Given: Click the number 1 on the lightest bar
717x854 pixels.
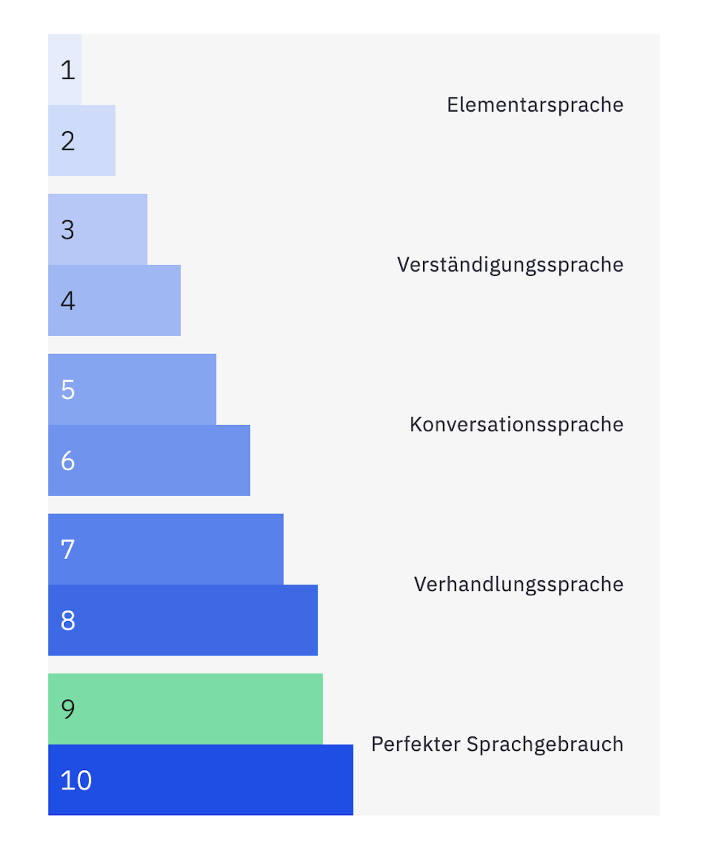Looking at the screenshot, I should (x=67, y=70).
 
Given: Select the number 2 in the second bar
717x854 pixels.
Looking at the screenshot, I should (x=68, y=141).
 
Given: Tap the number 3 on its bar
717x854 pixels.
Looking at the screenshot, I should (x=68, y=230).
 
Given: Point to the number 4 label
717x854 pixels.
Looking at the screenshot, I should (x=68, y=301).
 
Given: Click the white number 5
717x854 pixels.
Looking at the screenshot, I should (x=68, y=390).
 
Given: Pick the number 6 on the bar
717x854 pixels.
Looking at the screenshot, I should (x=68, y=461).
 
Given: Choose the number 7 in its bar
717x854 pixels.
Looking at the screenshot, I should (x=68, y=550).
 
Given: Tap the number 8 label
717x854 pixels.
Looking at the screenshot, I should (x=68, y=620).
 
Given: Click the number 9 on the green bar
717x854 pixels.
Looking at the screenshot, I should (x=68, y=709).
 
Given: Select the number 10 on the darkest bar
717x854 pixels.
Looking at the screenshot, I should (x=76, y=780).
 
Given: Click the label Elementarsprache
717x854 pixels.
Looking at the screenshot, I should (x=535, y=105).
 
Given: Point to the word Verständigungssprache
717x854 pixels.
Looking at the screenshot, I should (x=510, y=265).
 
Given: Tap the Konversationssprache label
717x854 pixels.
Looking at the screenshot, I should (x=516, y=425).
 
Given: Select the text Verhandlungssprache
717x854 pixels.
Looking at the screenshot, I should (x=518, y=585).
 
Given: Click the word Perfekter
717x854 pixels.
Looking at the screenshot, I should (x=416, y=744).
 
